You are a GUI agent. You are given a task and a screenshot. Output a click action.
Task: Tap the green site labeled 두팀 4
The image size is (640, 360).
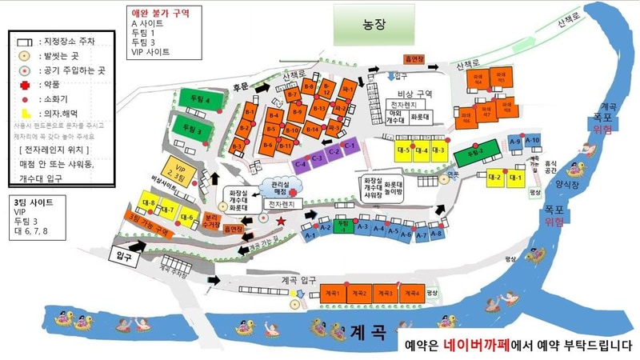195,101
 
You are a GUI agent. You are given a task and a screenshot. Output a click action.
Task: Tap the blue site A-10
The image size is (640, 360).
534,142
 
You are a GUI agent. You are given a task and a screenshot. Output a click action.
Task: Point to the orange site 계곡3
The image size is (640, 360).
382,294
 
